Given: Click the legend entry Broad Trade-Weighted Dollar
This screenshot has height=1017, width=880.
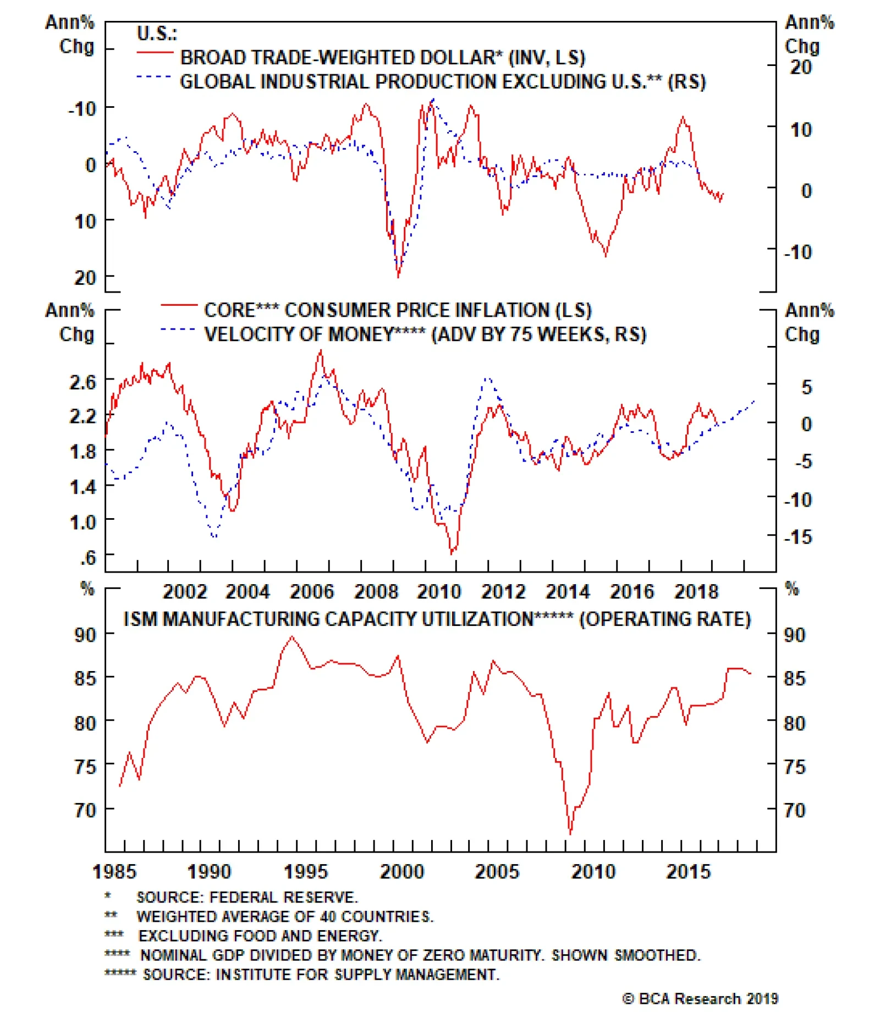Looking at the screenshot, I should tap(382, 57).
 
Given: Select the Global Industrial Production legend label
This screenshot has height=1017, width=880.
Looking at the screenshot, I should tap(442, 81).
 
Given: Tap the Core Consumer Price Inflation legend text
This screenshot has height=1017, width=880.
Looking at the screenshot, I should tap(397, 310).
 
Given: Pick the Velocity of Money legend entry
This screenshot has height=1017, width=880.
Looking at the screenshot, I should tap(425, 334).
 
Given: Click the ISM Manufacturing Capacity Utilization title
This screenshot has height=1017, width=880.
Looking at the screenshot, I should tap(437, 619).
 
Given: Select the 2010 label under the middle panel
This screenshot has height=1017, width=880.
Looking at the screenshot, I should tap(438, 592).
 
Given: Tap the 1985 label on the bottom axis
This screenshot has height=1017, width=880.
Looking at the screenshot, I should tap(114, 871).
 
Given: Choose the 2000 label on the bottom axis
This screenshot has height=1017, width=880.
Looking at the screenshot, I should tap(402, 871).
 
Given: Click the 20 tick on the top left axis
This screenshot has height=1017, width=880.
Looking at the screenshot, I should tap(85, 278).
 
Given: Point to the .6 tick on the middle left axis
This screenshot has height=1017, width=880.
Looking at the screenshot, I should tap(88, 558).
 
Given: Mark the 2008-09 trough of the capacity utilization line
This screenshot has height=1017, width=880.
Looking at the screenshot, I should tap(570, 834).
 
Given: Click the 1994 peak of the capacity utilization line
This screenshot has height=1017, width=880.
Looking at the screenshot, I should tap(291, 637).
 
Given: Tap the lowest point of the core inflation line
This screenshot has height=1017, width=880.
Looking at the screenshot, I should tap(452, 553).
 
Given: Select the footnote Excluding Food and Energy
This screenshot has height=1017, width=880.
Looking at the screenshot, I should tap(260, 936).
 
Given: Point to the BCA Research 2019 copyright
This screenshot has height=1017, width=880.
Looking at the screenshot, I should tap(700, 998).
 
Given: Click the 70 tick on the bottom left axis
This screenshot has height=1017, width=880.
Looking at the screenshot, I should tap(85, 810).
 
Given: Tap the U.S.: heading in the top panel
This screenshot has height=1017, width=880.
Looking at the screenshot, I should tap(157, 34).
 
